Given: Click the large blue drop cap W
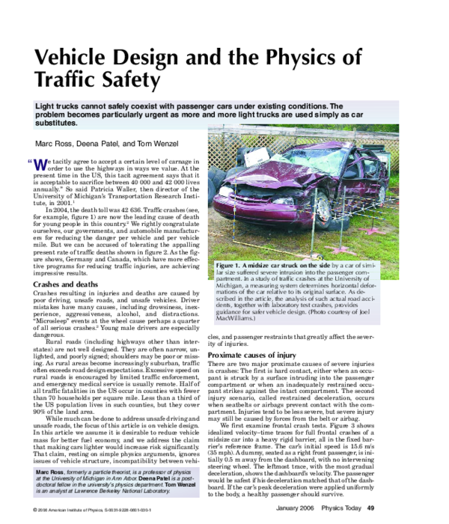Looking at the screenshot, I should tap(40, 165).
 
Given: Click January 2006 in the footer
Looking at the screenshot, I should tap(317, 510).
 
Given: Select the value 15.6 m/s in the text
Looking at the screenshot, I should tap(403, 421).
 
